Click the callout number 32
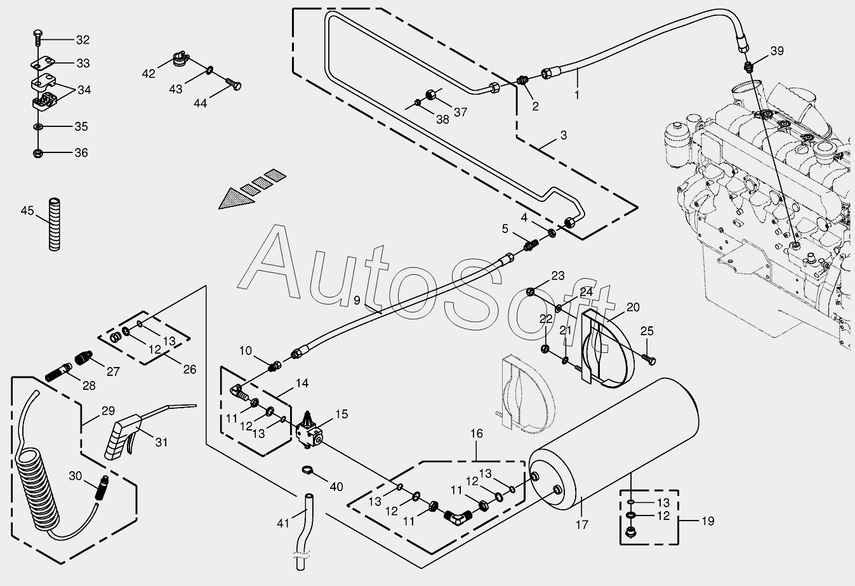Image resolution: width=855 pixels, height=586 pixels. (x=83, y=40)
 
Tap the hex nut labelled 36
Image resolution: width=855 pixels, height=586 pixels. (x=38, y=153)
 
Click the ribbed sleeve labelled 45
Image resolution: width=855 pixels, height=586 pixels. (x=55, y=224)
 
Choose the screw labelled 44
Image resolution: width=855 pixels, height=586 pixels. (x=234, y=84)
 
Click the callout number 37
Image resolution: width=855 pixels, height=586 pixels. (x=461, y=112)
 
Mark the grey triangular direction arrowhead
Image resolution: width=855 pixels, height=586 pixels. (x=235, y=198)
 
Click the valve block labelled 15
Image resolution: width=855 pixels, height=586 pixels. (x=309, y=430)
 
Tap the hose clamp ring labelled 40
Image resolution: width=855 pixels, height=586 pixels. (x=307, y=470)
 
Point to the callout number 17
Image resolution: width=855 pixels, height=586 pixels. (x=581, y=525)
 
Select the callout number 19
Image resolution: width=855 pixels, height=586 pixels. (x=708, y=521)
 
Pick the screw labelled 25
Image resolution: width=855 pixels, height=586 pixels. (x=649, y=359)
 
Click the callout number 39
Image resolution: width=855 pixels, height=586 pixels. (x=777, y=51)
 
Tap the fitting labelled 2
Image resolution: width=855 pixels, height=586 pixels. (x=522, y=81)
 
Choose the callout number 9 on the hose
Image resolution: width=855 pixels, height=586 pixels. (x=357, y=300)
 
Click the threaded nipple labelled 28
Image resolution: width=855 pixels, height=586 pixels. (x=59, y=372)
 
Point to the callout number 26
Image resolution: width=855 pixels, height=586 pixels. (x=190, y=369)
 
